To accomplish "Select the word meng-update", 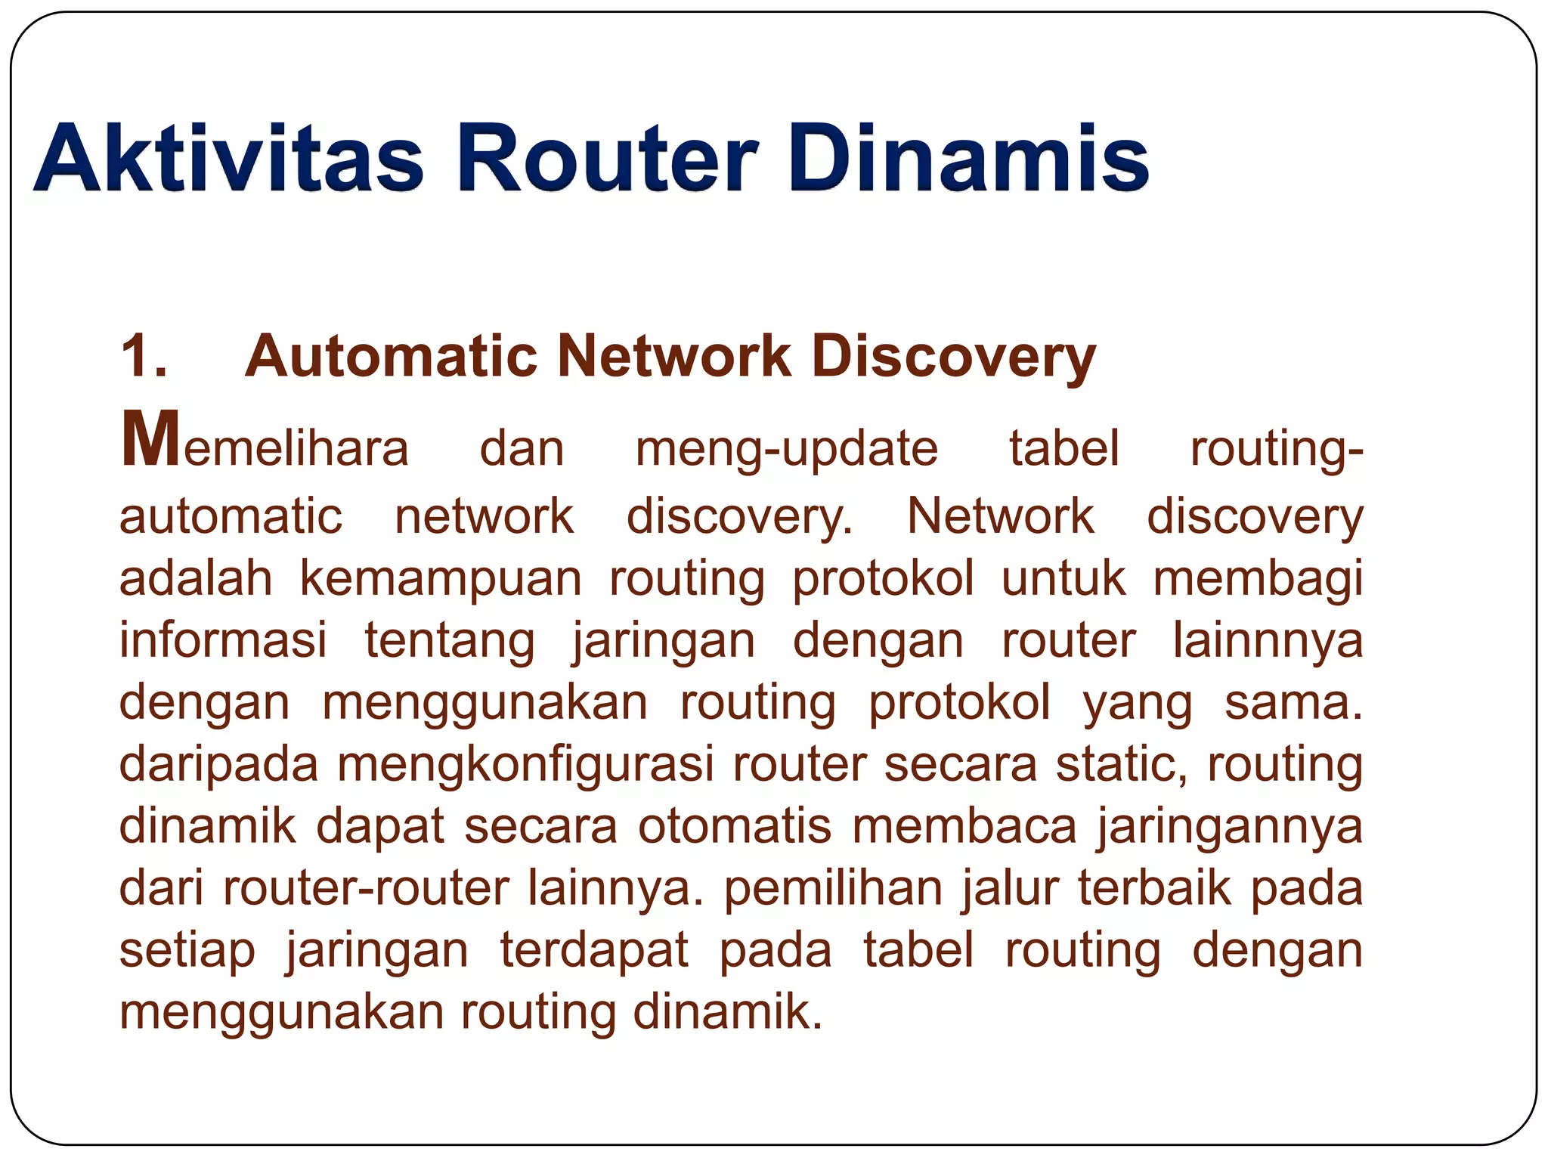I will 786,449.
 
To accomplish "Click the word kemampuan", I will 441,579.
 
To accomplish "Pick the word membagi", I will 1258,579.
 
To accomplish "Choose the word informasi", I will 223,640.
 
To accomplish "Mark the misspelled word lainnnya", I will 1268,640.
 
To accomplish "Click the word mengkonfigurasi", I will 525,764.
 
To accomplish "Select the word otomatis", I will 735,826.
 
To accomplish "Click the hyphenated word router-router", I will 366,888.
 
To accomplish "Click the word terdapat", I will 594,951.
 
